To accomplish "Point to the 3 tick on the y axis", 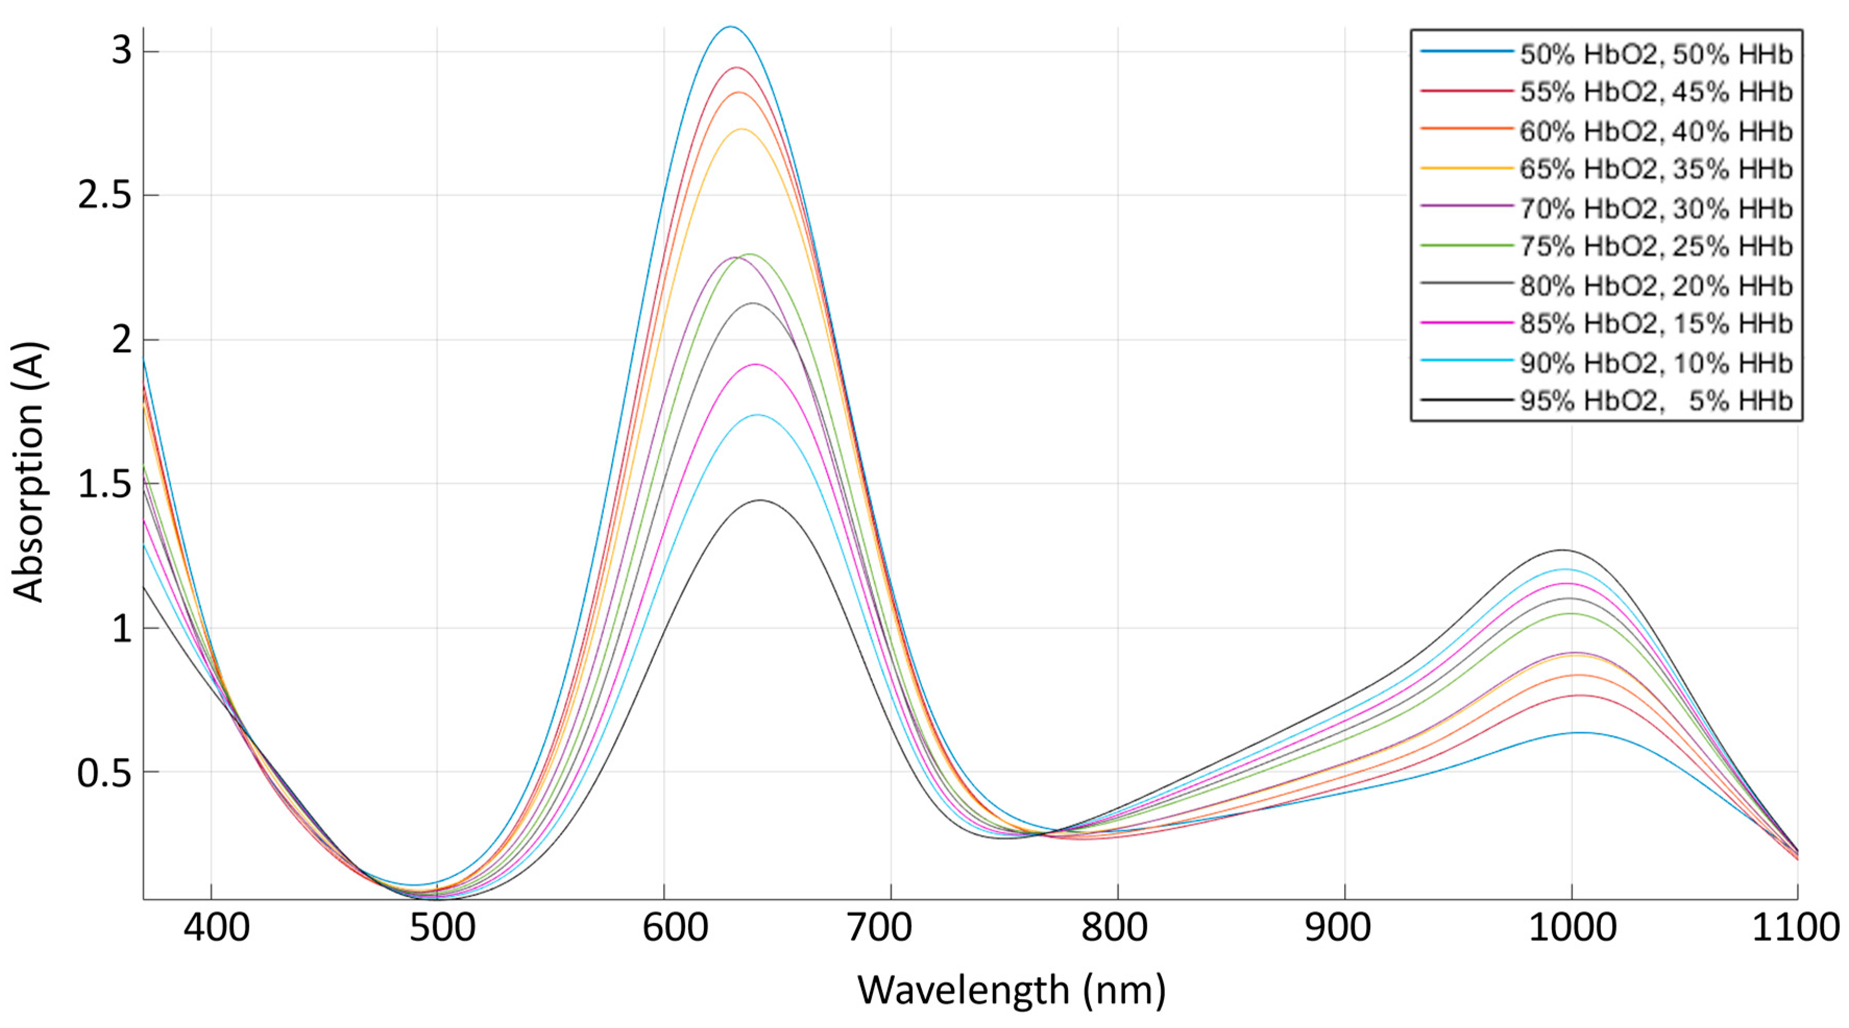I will (122, 52).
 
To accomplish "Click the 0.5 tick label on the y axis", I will (105, 773).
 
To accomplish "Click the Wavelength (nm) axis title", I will (1012, 990).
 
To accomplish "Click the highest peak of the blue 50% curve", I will (731, 27).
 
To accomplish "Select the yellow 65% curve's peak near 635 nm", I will (742, 129).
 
